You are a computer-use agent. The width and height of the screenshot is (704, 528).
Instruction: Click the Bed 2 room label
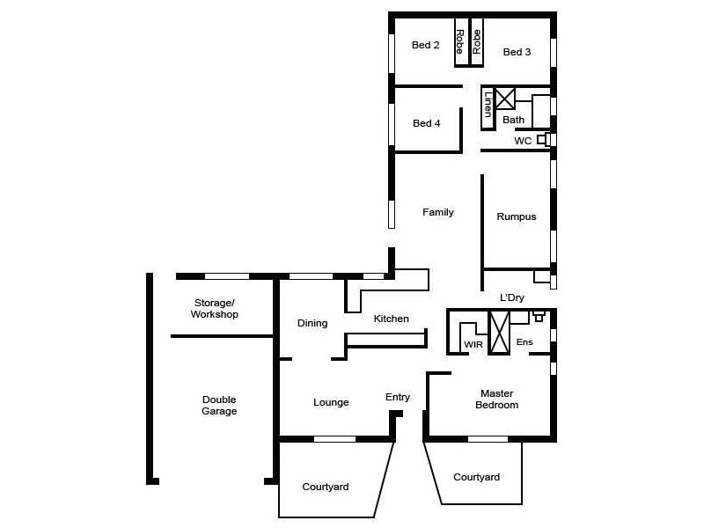tap(425, 46)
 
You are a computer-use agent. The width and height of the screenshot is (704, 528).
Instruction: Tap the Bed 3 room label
tap(517, 52)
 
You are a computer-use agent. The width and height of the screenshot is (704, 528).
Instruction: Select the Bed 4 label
tap(426, 123)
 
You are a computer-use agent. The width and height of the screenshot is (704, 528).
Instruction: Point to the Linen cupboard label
tap(488, 105)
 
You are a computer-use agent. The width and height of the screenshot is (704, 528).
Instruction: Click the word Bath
tap(513, 120)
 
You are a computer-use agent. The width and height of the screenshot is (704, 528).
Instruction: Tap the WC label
tap(523, 141)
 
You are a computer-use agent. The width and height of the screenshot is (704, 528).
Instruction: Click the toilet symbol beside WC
tap(546, 139)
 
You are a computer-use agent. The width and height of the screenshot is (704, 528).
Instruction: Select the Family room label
tap(437, 212)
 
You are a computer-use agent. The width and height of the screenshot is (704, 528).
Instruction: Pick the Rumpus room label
tap(516, 216)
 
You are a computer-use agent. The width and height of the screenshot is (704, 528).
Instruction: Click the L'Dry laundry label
tap(512, 297)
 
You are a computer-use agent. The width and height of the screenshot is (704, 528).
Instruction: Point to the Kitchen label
tap(391, 319)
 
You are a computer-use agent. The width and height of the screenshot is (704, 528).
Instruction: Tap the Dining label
tap(312, 323)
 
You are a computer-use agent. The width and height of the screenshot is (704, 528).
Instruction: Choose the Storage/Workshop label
tap(216, 308)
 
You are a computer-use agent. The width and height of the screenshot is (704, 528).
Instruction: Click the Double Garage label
tap(219, 405)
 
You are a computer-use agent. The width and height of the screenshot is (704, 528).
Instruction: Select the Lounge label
tap(331, 402)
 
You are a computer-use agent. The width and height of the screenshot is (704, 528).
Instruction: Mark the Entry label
tap(398, 397)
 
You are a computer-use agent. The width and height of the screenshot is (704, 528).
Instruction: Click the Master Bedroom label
tap(496, 400)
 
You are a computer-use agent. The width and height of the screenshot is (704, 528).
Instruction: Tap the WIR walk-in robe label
tap(473, 344)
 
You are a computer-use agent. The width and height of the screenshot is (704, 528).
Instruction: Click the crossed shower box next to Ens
tap(499, 332)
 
